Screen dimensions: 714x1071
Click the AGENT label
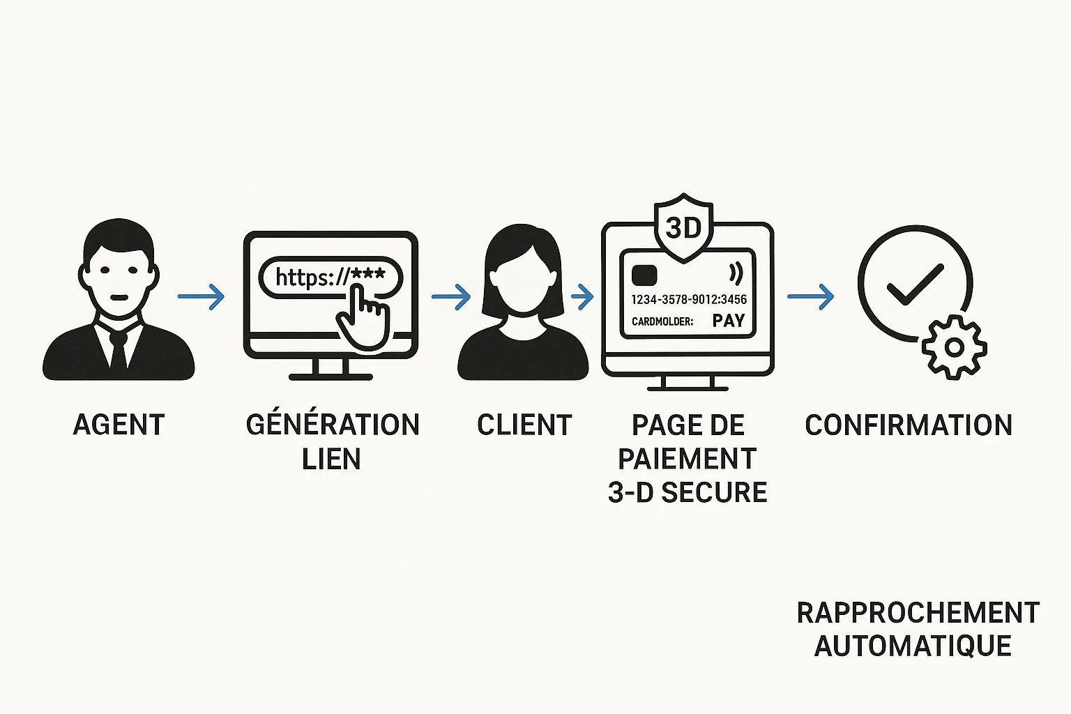tap(119, 425)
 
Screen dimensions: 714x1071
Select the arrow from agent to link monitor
tap(201, 296)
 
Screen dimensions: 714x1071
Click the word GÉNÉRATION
tap(333, 425)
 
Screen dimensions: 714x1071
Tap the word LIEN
tap(331, 459)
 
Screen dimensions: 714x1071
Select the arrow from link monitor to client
tap(451, 296)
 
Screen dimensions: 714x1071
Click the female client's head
tap(523, 272)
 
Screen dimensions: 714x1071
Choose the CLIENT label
tap(524, 425)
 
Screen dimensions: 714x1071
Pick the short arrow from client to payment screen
tap(582, 296)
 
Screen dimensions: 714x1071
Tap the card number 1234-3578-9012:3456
tap(689, 299)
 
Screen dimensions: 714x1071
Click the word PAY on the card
tap(729, 321)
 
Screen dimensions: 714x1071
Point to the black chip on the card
tap(644, 275)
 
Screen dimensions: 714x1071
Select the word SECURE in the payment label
tap(714, 492)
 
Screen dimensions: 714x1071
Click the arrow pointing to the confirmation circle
tap(810, 296)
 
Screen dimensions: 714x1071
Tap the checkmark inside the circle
tap(914, 284)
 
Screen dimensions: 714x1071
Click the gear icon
tap(954, 347)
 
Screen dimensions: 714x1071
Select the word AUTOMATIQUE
tap(913, 646)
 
